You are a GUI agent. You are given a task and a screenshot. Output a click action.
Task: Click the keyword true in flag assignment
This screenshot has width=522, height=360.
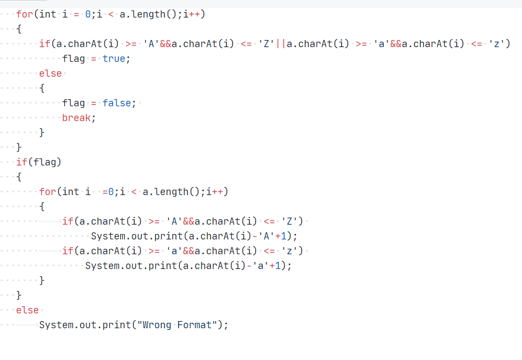coord(114,59)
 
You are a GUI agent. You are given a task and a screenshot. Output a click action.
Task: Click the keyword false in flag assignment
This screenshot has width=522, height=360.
coord(117,103)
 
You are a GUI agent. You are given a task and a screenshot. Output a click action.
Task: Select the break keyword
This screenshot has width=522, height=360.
coord(76,118)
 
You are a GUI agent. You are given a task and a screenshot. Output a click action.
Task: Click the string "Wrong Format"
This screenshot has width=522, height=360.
coord(177,325)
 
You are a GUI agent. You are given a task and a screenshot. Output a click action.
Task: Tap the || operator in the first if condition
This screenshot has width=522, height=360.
coord(280,44)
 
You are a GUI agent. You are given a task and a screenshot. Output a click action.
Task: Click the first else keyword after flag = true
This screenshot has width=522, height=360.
coord(50,73)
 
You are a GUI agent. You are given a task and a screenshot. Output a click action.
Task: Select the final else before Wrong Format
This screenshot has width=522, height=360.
coord(27,310)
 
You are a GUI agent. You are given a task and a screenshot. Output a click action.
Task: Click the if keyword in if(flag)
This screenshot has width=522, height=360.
coord(22,162)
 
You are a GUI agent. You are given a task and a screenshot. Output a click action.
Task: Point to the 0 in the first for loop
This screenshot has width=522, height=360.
coord(88,14)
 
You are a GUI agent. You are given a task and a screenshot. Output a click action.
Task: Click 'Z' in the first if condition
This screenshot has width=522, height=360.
coord(266,44)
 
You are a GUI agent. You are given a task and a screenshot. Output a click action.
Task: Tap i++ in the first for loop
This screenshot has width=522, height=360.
coord(194,14)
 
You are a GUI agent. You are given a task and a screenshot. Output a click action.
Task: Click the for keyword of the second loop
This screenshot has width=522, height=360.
coord(48,192)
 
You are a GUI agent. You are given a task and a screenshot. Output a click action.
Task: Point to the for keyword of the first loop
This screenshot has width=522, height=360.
coord(25,14)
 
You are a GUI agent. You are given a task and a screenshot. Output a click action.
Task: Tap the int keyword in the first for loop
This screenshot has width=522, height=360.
coord(48,14)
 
